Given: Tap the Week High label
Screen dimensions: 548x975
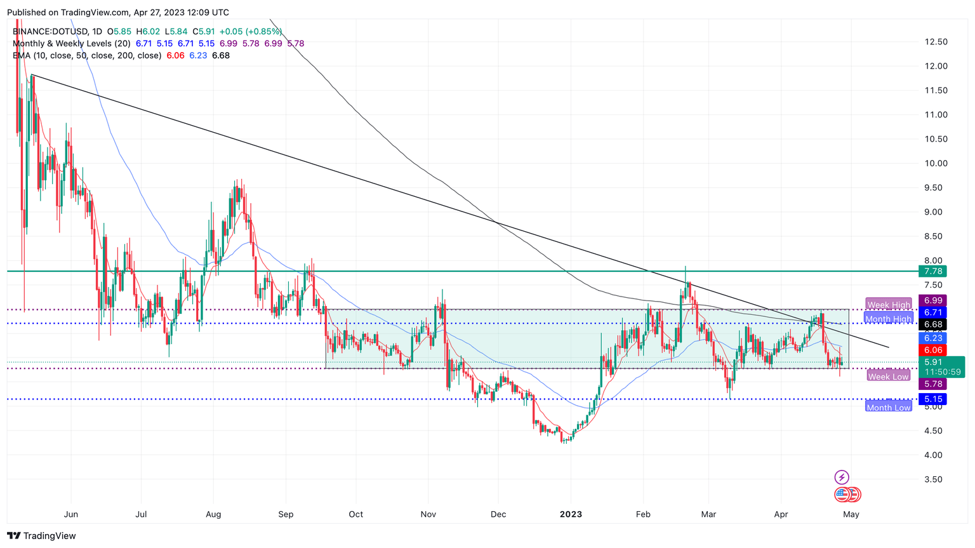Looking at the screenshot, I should [x=888, y=305].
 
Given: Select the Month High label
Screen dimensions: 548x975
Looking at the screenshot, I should [x=888, y=319].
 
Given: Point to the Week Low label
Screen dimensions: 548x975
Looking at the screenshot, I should [x=888, y=377].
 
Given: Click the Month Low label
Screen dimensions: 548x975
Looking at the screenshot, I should [x=888, y=408].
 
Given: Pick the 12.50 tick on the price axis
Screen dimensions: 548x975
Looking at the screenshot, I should [x=936, y=42].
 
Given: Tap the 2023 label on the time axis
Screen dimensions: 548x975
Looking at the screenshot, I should [x=571, y=514].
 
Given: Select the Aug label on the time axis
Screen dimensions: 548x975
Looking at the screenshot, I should [x=213, y=514].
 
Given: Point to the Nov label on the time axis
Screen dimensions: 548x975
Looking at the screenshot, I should [x=428, y=514].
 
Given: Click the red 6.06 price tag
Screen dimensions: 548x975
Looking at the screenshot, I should [x=933, y=350].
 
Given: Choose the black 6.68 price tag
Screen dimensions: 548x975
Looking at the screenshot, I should [x=933, y=324].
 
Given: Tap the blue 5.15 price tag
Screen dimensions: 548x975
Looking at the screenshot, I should [x=933, y=399].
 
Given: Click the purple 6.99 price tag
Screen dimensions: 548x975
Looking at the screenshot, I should [x=933, y=300].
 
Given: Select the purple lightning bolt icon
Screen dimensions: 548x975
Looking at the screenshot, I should [x=842, y=477].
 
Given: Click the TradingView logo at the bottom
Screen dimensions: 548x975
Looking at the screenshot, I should [x=42, y=536].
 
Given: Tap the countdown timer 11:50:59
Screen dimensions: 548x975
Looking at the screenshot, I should [x=943, y=371].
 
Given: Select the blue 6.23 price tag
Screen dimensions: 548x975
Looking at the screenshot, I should [x=933, y=338].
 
